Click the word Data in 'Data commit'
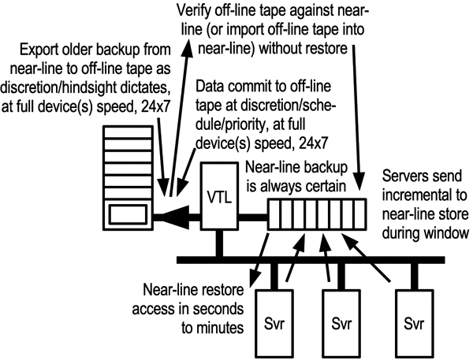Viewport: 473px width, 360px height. (211, 84)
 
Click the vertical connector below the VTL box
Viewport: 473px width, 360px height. (218, 243)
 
